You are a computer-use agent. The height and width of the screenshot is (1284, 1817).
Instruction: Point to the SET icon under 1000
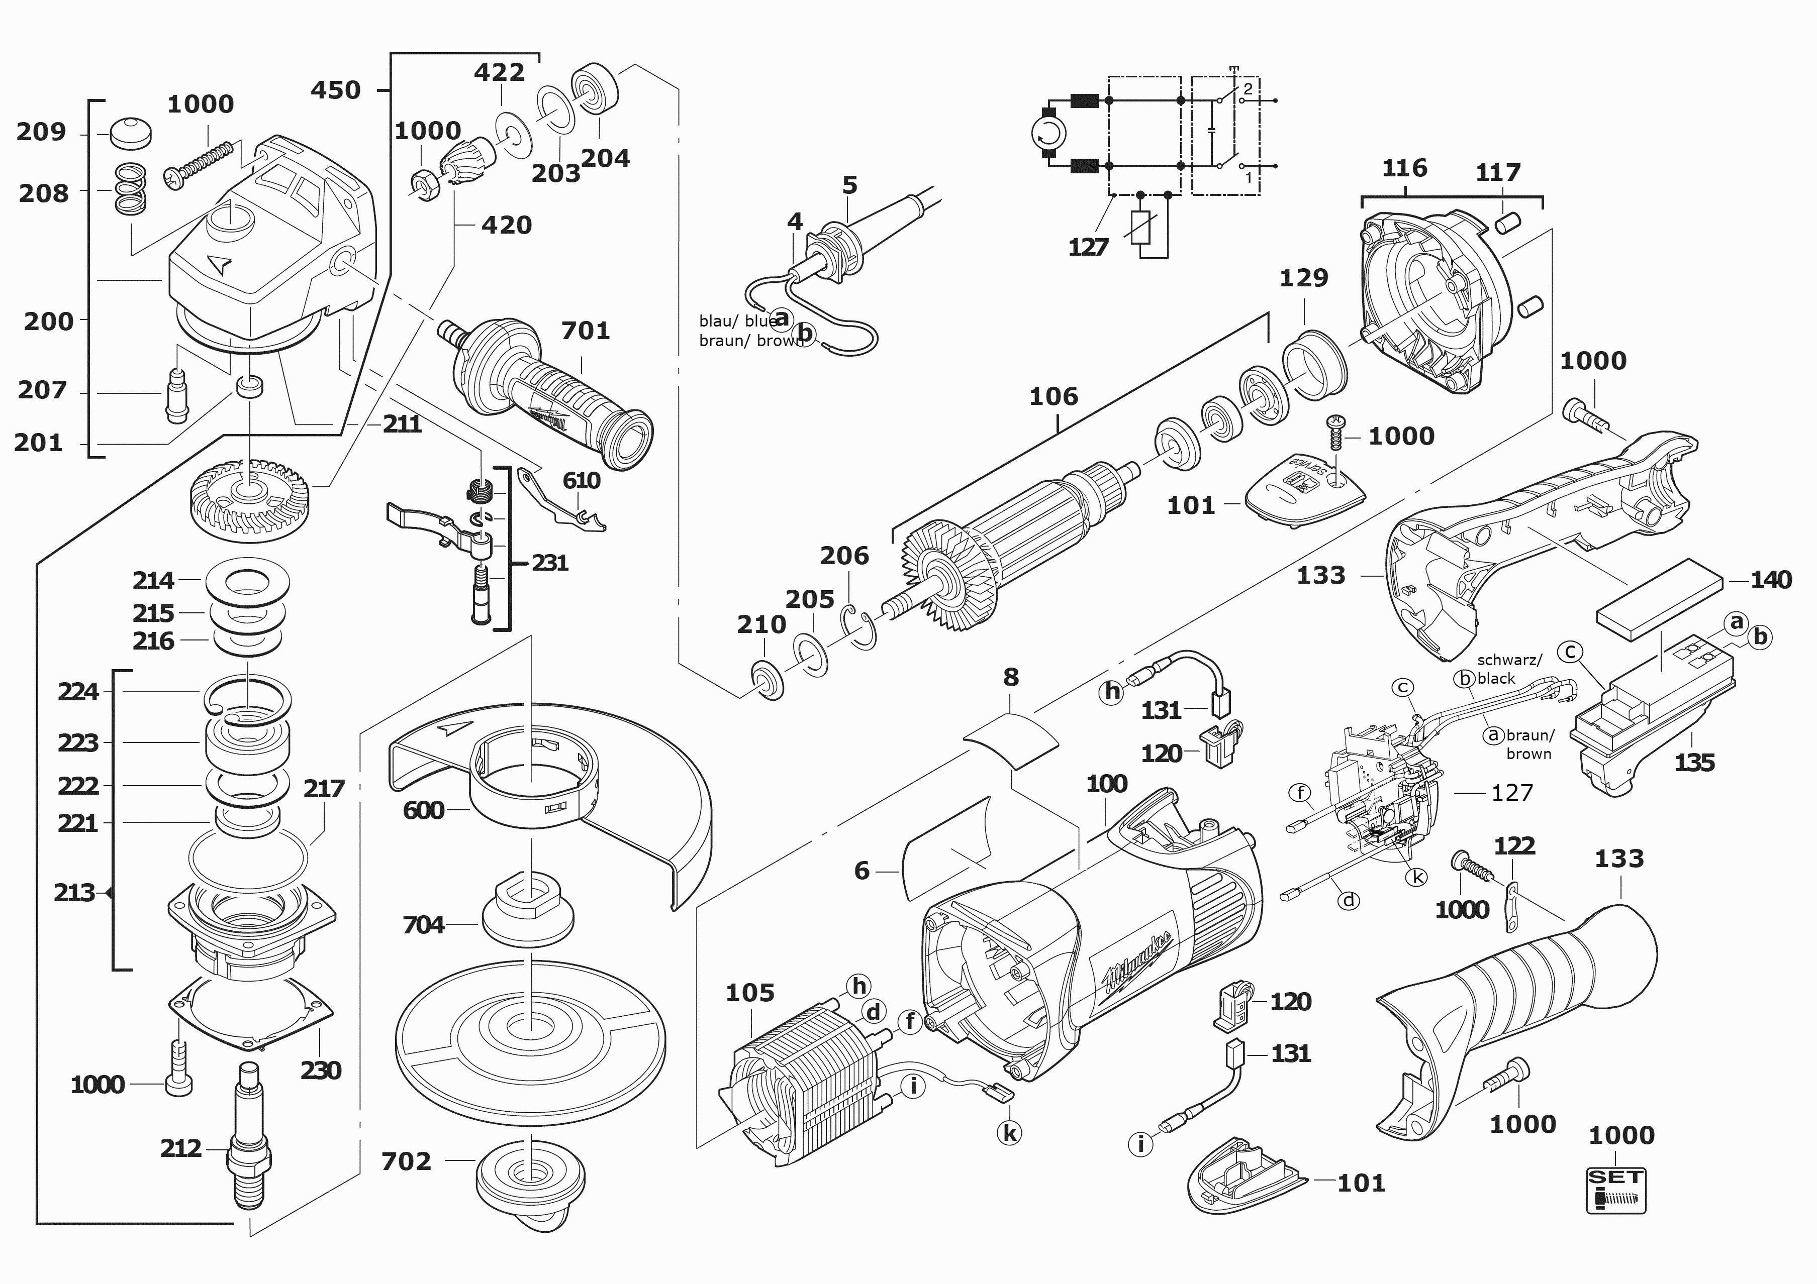(1616, 1190)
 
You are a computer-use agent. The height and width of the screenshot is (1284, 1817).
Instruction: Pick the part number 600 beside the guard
(423, 810)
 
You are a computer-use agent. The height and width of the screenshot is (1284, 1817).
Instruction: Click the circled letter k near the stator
(1009, 1133)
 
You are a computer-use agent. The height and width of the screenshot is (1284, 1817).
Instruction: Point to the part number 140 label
(1770, 580)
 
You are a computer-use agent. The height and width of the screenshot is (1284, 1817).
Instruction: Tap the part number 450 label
(336, 90)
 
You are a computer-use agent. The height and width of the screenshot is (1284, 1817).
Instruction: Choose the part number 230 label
(321, 1071)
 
